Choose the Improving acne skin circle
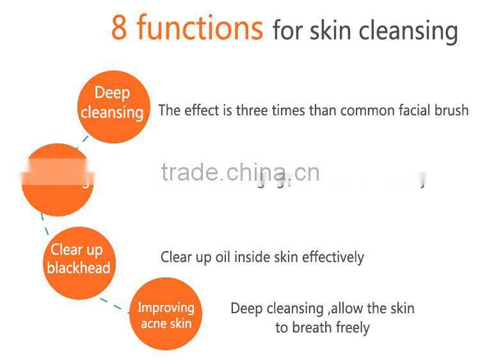tap(166, 315)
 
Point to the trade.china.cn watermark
tap(240, 172)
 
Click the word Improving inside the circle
tap(166, 307)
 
